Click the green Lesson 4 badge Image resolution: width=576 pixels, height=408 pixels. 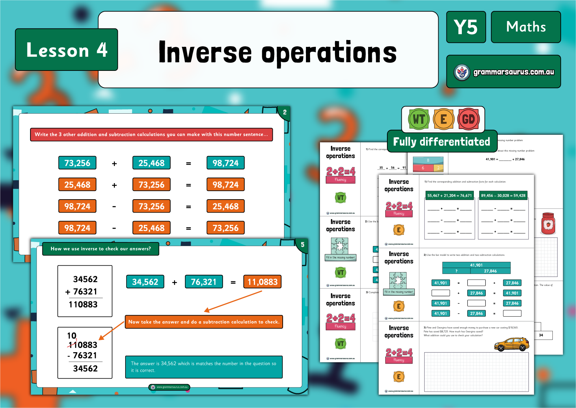click(67, 50)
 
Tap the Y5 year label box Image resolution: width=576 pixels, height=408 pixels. click(466, 27)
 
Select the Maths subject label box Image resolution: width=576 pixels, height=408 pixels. click(526, 27)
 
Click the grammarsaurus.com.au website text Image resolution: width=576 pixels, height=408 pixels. click(513, 72)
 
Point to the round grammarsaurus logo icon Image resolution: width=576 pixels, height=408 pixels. click(462, 72)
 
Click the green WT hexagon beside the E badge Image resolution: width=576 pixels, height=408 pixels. click(419, 119)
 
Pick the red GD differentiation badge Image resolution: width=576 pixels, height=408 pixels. click(468, 119)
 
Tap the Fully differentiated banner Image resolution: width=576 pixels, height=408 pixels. click(442, 141)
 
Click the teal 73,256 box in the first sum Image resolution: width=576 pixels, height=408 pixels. click(77, 163)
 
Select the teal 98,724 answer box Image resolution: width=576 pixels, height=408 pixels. click(226, 163)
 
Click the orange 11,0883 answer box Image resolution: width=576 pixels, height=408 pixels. click(262, 282)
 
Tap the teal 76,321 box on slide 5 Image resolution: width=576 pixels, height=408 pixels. click(204, 282)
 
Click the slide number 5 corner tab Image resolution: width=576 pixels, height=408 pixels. click(302, 245)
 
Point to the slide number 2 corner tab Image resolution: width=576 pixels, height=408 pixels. click(284, 112)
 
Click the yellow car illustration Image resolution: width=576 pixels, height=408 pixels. click(511, 344)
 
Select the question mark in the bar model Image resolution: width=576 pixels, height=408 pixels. click(456, 271)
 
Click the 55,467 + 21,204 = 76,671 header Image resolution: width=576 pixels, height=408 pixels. click(450, 195)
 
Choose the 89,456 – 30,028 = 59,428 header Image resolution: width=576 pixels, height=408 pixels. click(503, 195)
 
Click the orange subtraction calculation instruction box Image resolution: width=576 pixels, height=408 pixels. click(204, 322)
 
